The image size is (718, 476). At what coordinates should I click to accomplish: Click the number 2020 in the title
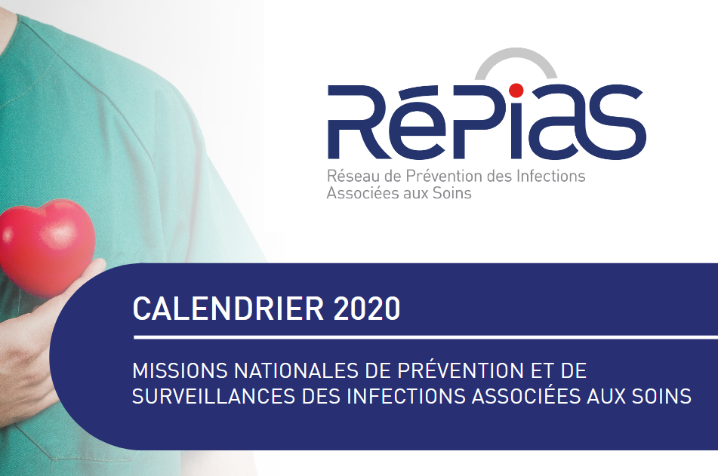coord(365,309)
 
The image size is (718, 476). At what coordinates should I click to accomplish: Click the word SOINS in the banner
coord(662,395)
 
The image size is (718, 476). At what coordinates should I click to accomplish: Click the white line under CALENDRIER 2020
coord(423,336)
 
